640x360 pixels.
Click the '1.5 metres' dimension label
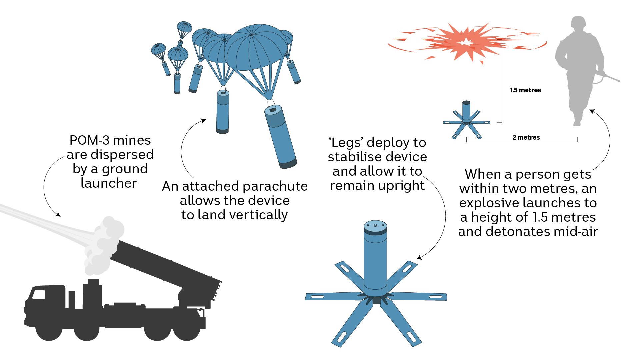pos(525,90)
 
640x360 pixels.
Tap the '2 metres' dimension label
pos(526,137)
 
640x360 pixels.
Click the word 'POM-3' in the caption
pos(90,140)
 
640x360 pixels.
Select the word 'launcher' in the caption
pos(109,183)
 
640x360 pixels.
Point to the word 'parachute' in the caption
pos(275,186)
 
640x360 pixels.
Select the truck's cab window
pos(39,295)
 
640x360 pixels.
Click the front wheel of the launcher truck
pos(49,330)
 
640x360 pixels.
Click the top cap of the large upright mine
pos(375,226)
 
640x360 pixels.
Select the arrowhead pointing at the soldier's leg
pos(591,111)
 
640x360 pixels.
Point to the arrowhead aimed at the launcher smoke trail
pos(58,215)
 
